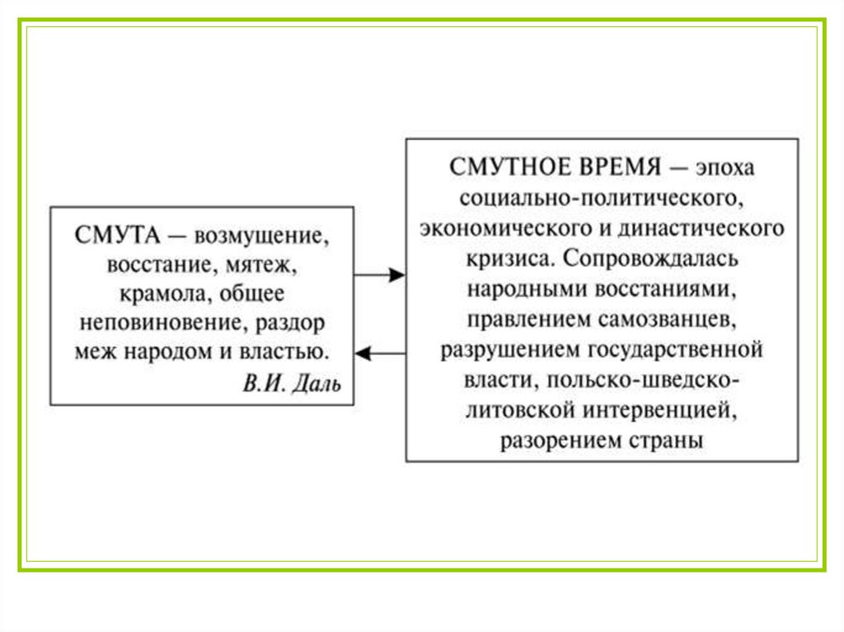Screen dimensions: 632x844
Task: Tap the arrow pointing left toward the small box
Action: pyautogui.click(x=381, y=353)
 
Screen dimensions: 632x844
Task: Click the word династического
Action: pyautogui.click(x=709, y=227)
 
